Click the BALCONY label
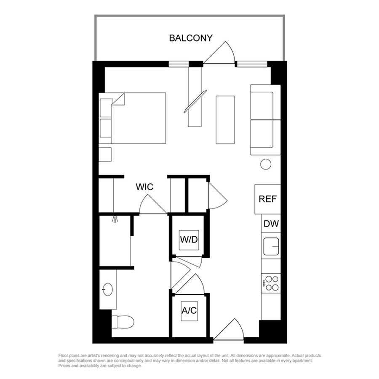tap(191, 38)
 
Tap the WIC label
tap(144, 187)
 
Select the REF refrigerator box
tap(267, 199)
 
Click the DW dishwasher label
tap(271, 224)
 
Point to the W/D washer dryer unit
tap(189, 240)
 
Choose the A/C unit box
tap(189, 311)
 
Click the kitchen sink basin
tap(271, 246)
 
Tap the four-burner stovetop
tap(272, 283)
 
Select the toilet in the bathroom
tap(123, 322)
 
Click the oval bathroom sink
tap(107, 289)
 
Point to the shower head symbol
tap(115, 219)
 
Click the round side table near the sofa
tap(266, 164)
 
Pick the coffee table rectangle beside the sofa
tap(225, 120)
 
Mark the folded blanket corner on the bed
tap(118, 99)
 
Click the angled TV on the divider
tap(195, 101)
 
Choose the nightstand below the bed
tap(105, 154)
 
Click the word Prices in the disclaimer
tap(64, 366)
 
